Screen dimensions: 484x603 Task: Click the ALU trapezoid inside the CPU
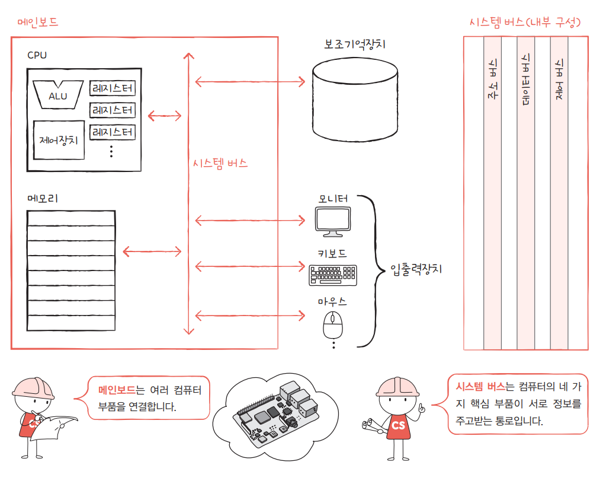pos(58,95)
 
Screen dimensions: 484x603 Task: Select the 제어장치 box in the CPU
pos(59,141)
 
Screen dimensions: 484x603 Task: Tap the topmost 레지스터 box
pos(113,89)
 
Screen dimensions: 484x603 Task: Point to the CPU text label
pos(37,55)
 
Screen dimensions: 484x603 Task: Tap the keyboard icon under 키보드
pos(332,274)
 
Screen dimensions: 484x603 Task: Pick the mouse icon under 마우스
pos(332,324)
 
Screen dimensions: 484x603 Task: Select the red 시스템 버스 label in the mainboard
pos(220,164)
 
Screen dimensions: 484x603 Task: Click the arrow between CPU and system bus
pos(165,116)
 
